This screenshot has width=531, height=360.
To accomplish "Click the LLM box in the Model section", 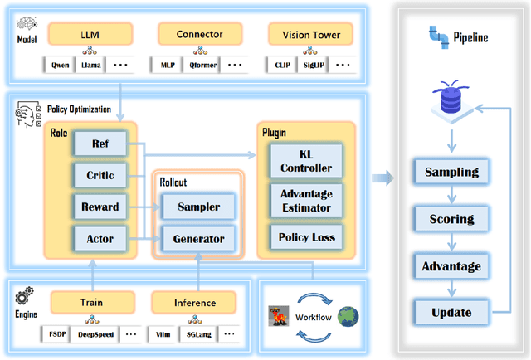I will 89,34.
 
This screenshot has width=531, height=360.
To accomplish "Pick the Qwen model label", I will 61,64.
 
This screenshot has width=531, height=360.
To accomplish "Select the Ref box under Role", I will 100,145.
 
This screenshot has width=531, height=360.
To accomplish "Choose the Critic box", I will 100,175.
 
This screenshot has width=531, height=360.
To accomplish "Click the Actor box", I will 100,239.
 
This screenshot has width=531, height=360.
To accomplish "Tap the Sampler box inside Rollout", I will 197,207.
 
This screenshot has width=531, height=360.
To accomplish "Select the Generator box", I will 197,239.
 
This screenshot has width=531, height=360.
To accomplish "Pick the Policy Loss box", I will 308,237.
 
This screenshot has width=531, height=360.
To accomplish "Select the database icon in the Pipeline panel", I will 449,100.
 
